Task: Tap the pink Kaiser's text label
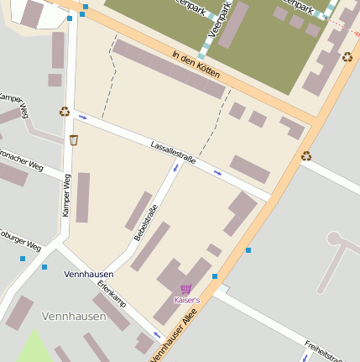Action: click(x=186, y=300)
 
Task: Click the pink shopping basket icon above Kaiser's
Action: click(x=185, y=289)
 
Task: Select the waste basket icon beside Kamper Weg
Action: click(x=74, y=140)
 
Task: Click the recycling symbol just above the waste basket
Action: click(x=65, y=111)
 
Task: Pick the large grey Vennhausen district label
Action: click(x=74, y=317)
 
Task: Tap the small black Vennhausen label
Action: click(x=87, y=275)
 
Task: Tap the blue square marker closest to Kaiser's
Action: click(x=215, y=275)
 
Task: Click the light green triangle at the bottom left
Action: click(x=33, y=348)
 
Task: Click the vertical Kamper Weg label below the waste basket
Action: click(x=67, y=195)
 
